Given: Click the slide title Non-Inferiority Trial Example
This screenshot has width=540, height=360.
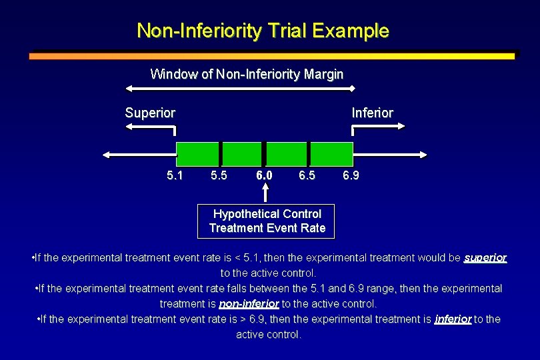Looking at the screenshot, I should point(263,31).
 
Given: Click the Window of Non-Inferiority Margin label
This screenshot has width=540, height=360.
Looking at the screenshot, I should point(247,74).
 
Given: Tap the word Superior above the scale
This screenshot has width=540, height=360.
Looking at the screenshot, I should point(150,113).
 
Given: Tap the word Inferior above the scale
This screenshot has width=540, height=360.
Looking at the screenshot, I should point(372,113).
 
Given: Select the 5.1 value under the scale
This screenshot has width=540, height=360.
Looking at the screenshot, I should point(175,177).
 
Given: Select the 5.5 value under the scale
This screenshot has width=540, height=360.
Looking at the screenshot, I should point(219,177).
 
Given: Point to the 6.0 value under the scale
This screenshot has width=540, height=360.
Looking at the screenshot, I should point(264,177).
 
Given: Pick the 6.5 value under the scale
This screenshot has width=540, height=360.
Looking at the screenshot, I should point(307,177).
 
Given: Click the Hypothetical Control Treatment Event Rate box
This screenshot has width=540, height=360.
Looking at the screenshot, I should point(267,221).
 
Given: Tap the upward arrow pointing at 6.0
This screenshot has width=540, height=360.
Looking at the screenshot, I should point(266,193).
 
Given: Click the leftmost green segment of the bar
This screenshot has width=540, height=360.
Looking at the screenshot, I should point(198,154).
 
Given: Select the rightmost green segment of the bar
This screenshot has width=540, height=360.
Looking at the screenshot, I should point(331,154).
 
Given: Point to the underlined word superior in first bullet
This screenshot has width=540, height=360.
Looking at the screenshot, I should point(485,257).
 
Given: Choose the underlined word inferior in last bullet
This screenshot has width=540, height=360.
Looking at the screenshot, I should point(453,319).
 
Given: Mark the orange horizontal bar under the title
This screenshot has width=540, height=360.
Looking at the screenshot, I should point(271,56).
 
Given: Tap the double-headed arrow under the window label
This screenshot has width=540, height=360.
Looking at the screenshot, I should point(241,88).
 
